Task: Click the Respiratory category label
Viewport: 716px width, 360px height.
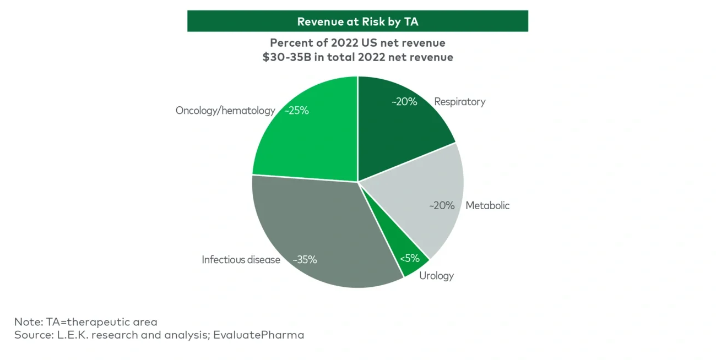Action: click(x=459, y=102)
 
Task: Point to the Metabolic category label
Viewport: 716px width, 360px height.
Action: click(x=487, y=205)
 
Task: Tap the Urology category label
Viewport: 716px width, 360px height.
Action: click(x=436, y=276)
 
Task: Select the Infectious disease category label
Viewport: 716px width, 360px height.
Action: click(x=241, y=260)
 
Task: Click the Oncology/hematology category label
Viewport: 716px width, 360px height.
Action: click(x=225, y=111)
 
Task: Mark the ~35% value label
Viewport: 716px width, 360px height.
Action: click(x=305, y=260)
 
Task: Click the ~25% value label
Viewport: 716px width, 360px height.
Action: click(x=296, y=111)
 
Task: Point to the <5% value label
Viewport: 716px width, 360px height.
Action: click(x=410, y=258)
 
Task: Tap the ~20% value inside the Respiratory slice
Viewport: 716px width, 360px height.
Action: click(x=404, y=102)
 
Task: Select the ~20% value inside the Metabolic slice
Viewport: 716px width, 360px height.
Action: click(x=442, y=205)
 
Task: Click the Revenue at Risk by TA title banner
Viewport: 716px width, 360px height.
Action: click(x=357, y=21)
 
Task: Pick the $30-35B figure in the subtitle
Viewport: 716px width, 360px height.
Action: click(x=287, y=57)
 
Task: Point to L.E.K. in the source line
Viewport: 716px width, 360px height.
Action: click(x=70, y=335)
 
